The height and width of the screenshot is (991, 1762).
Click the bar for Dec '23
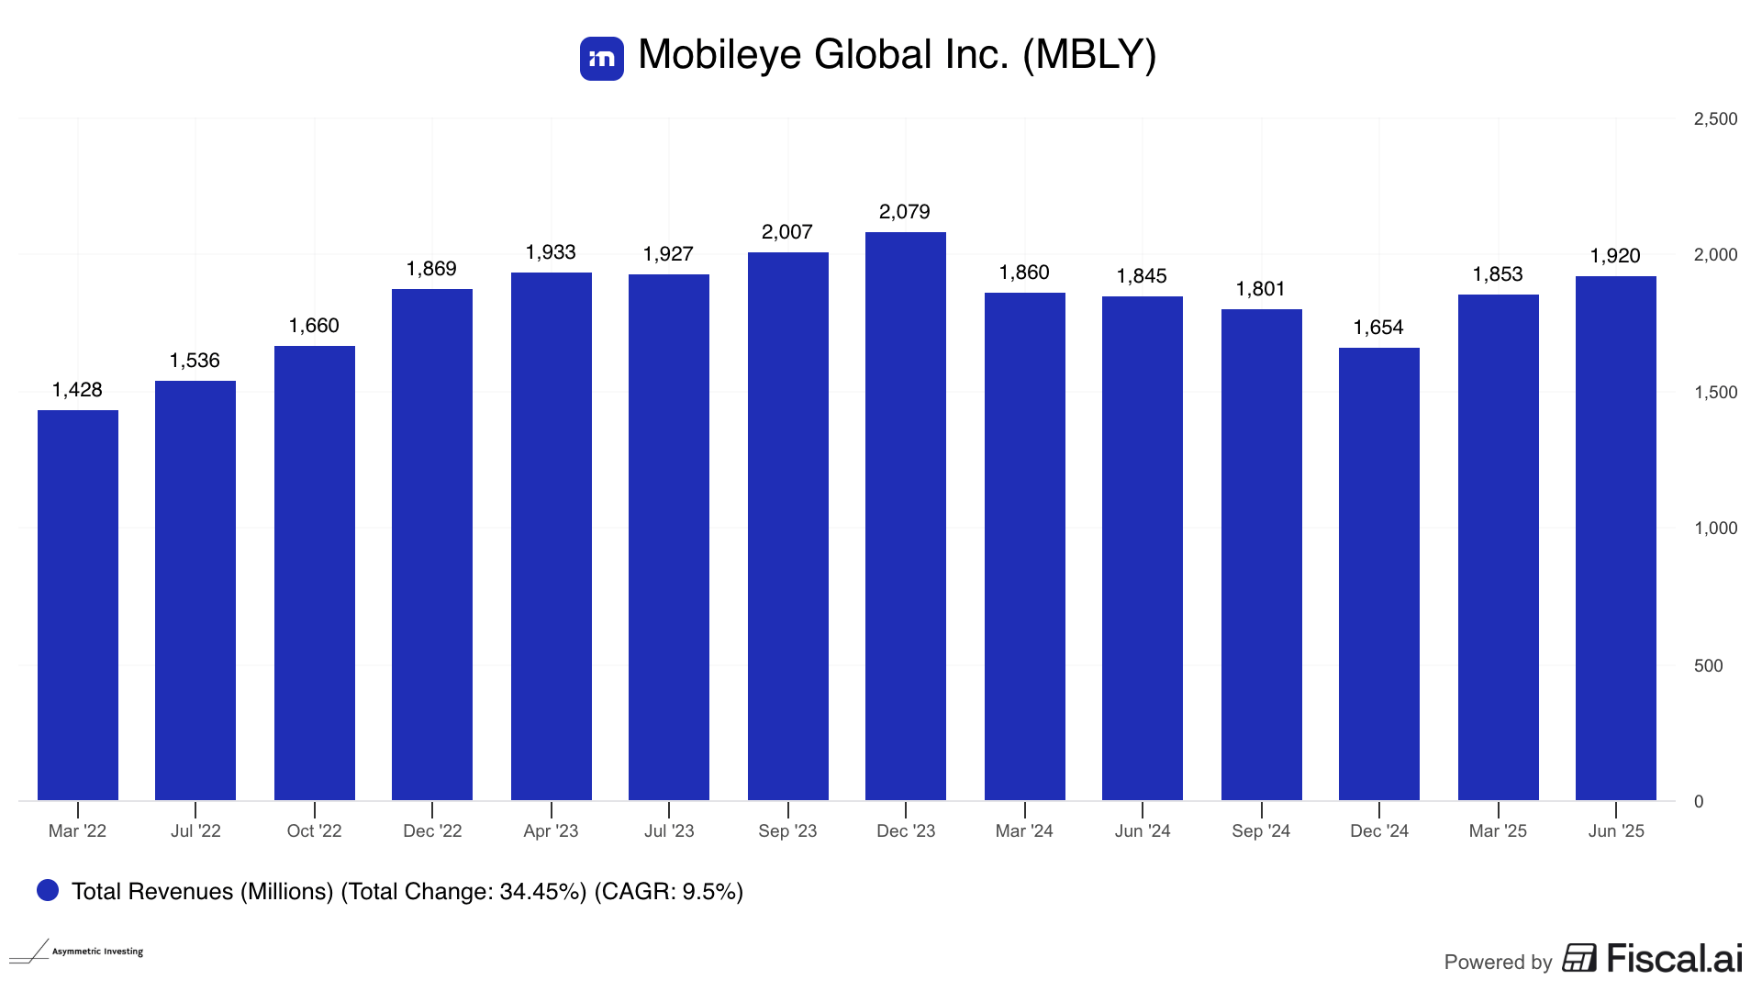tap(905, 516)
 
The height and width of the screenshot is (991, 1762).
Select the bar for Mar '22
tap(78, 606)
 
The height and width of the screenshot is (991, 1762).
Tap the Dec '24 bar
tap(1378, 573)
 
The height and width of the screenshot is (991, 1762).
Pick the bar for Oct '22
tap(314, 573)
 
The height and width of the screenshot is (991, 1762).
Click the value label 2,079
tap(905, 212)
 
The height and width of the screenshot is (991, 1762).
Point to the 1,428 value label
tap(77, 390)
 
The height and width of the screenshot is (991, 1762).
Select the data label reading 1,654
tap(1378, 328)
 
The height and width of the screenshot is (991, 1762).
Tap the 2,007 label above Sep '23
tap(787, 232)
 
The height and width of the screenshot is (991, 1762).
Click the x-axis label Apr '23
tap(551, 831)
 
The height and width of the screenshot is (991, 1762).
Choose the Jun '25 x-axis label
tap(1616, 831)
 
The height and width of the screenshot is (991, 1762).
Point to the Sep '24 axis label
tap(1261, 831)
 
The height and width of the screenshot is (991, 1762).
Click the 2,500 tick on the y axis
tap(1715, 119)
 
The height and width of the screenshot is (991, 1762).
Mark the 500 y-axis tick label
tap(1708, 666)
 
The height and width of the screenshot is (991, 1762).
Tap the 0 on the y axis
tap(1699, 802)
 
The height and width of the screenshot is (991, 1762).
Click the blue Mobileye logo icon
tap(602, 59)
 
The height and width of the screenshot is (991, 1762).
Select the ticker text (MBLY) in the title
tap(1089, 55)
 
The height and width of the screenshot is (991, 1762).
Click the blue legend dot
tap(48, 890)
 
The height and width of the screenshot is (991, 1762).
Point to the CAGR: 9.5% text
tap(669, 892)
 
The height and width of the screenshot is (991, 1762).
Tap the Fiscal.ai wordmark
tap(1674, 959)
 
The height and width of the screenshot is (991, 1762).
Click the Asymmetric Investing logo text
tap(97, 952)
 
